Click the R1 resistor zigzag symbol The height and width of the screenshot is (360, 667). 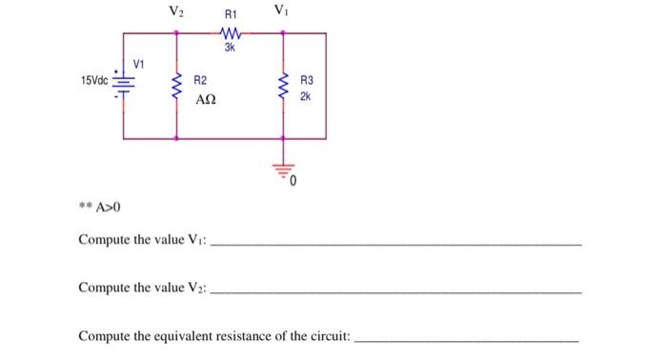click(x=231, y=33)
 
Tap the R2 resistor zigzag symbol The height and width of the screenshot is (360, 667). click(x=176, y=87)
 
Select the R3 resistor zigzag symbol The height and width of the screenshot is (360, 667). click(x=283, y=87)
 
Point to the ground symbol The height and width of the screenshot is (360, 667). click(x=283, y=171)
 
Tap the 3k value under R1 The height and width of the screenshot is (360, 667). click(x=230, y=47)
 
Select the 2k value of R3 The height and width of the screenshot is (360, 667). click(x=305, y=96)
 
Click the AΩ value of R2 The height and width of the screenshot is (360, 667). click(x=207, y=99)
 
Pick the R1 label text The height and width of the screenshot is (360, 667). click(x=231, y=16)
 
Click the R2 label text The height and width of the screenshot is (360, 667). click(x=201, y=82)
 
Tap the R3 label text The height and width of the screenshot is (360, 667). click(x=306, y=82)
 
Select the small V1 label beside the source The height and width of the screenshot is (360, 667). click(x=139, y=64)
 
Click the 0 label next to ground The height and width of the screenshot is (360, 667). click(x=295, y=179)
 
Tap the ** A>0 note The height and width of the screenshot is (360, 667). click(x=100, y=207)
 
